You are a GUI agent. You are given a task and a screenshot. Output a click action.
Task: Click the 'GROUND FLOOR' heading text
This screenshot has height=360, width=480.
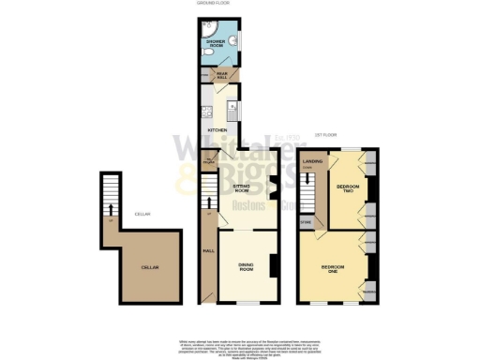(x=213, y=5)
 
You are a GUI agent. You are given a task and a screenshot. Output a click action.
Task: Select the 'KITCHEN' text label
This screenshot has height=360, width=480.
(x=217, y=129)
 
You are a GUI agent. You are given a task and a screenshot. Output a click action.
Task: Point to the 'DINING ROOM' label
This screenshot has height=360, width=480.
(x=247, y=266)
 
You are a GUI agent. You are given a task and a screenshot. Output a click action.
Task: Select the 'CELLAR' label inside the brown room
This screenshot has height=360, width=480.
(x=149, y=268)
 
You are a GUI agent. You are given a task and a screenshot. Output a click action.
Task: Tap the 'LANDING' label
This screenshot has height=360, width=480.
(x=314, y=161)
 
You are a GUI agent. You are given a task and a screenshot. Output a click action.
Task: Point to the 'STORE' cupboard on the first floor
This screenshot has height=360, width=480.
(x=306, y=222)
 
